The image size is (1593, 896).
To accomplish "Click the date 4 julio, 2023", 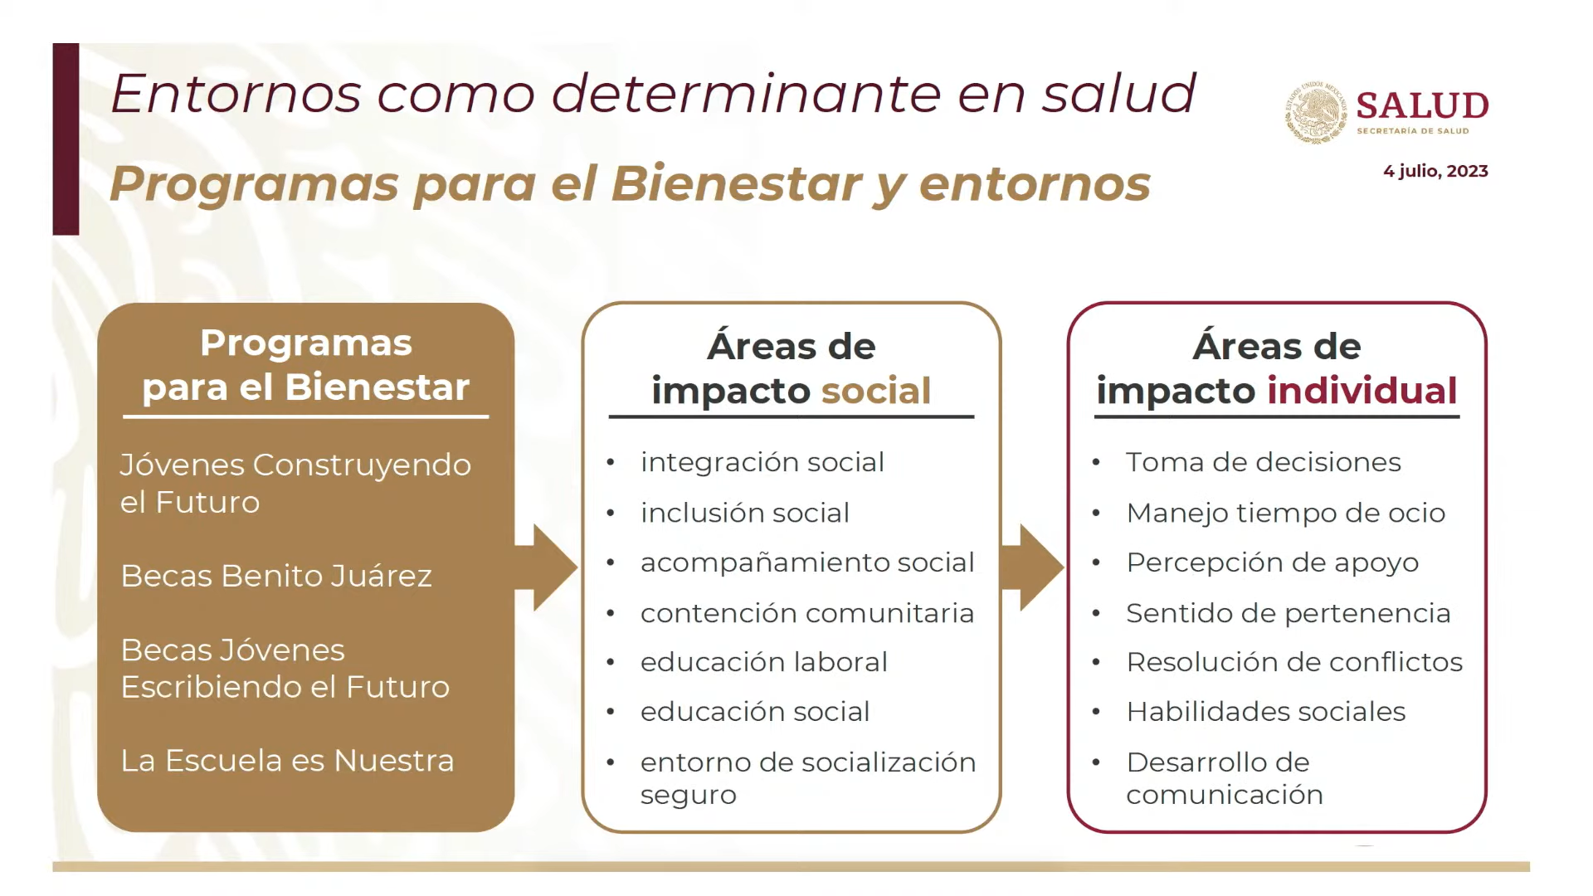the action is point(1435,171).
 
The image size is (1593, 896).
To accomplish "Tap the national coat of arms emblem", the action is point(1316,114).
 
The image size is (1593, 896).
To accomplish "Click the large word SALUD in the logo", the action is point(1422,105).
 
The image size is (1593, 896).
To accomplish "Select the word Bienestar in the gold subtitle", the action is point(736,183).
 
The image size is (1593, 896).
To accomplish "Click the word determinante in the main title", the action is point(745,93).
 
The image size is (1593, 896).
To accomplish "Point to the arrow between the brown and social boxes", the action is point(546,567).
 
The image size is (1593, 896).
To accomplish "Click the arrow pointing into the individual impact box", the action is point(1032,567).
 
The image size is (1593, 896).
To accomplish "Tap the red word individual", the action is point(1362,390).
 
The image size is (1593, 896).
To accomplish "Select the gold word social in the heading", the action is point(876,391).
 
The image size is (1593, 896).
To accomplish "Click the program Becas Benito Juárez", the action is point(276,576).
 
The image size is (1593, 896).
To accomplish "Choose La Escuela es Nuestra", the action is point(287,761).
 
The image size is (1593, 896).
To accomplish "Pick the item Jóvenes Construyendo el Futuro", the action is point(295,484).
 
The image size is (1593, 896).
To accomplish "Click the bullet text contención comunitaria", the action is point(807,613).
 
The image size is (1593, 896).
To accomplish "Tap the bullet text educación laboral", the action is point(764,662).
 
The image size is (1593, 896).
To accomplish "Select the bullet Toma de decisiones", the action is point(1264,462).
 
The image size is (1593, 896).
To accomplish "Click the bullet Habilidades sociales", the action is point(1266,712).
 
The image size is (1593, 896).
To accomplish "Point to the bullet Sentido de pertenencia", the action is point(1289,613).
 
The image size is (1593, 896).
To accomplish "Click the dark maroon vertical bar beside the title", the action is point(66,139).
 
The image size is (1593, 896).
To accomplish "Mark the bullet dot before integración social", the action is point(611,463).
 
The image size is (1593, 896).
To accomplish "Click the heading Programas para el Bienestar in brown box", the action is point(306,365).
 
